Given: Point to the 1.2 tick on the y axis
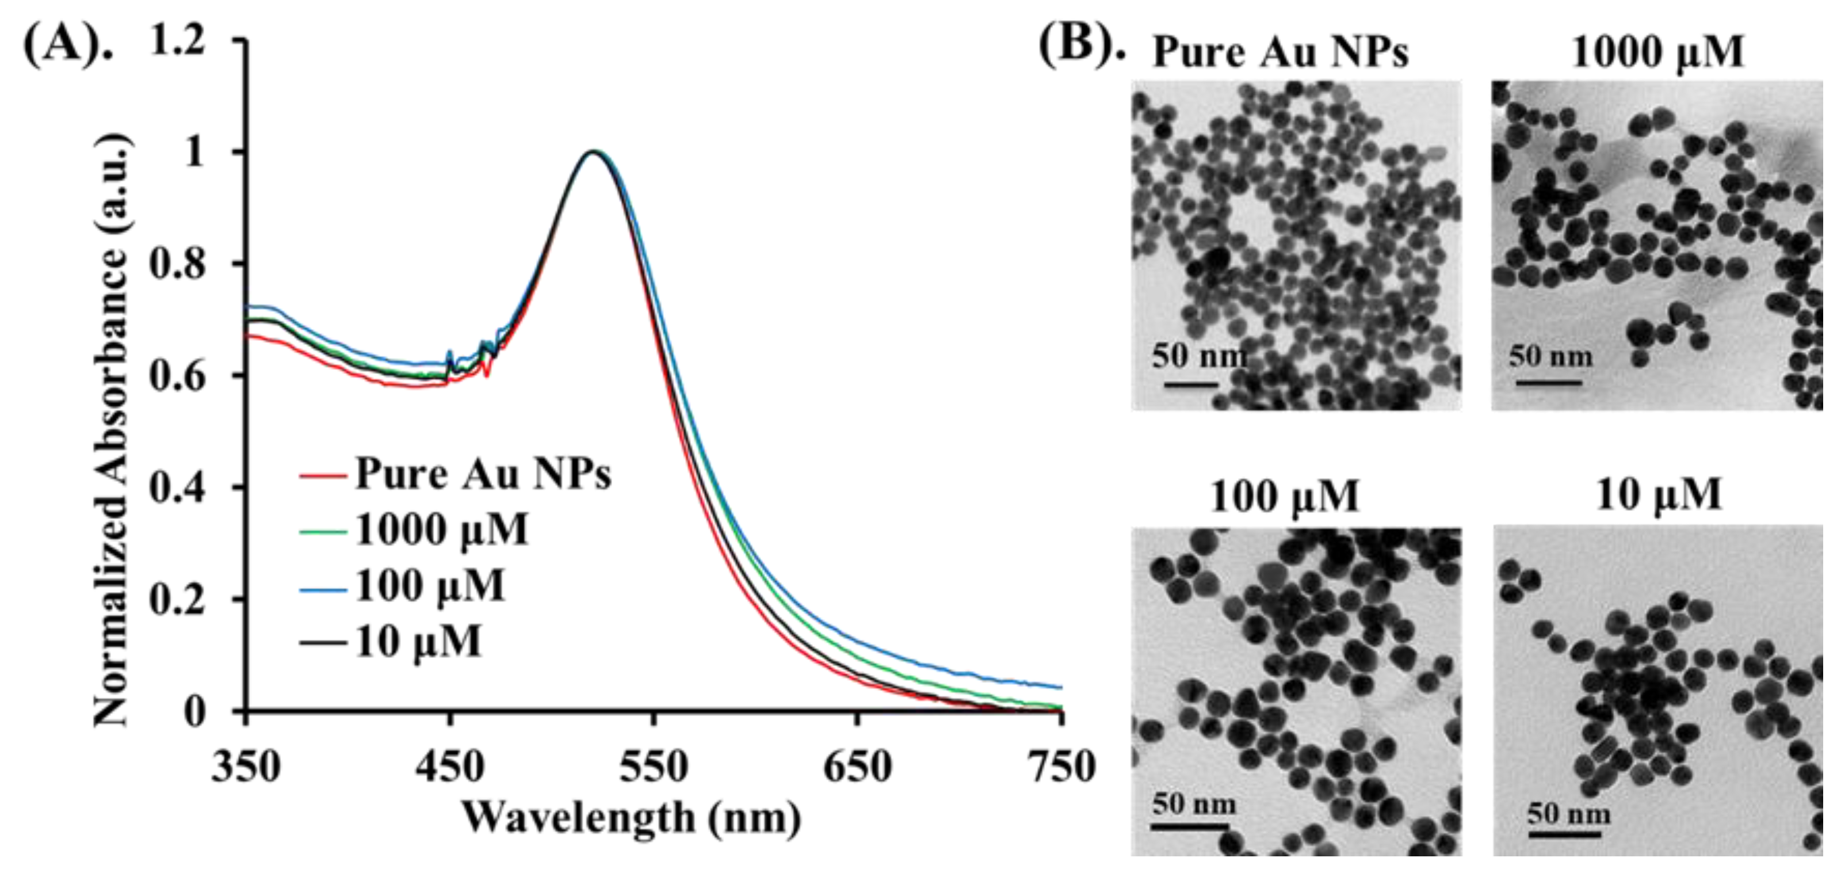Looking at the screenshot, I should [177, 39].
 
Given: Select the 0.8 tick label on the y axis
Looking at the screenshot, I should [177, 264].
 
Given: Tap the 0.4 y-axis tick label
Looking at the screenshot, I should [177, 488].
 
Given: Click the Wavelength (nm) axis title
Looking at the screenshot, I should [631, 818].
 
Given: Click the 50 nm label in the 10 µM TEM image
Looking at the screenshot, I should [1569, 814].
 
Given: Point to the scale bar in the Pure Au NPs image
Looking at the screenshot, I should [1191, 384].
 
